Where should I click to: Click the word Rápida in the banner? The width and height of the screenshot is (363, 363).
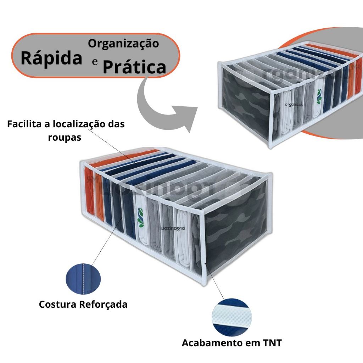(x=51, y=57)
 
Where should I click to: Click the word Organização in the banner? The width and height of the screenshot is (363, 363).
(x=123, y=44)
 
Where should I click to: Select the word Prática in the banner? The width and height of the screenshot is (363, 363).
(x=134, y=67)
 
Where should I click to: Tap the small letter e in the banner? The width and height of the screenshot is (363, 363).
(x=95, y=62)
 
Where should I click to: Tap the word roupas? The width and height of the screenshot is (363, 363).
(x=65, y=138)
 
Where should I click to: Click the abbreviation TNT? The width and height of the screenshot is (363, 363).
(x=272, y=343)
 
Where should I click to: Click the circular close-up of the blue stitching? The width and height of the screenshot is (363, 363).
(x=83, y=279)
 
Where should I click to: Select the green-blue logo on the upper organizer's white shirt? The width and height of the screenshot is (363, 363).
(x=319, y=96)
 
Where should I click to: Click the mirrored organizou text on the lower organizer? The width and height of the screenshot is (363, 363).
(x=173, y=229)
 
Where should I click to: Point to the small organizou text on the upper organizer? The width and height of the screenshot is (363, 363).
(x=294, y=105)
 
